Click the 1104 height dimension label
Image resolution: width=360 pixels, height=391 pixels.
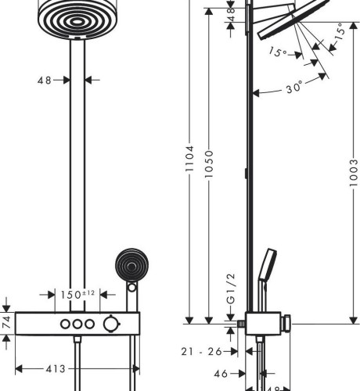click(x=189, y=159)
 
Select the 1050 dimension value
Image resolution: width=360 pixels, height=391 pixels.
click(x=209, y=164)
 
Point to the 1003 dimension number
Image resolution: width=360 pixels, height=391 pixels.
click(x=354, y=173)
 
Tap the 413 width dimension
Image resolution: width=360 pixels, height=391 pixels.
click(x=56, y=369)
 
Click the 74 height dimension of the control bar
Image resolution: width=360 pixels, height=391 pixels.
click(x=6, y=322)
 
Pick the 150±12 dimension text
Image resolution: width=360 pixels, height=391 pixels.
click(x=77, y=295)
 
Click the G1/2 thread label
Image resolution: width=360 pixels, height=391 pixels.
click(x=231, y=289)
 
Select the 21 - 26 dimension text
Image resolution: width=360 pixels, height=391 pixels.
click(x=201, y=352)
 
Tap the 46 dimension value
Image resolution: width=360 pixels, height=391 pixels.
click(x=221, y=374)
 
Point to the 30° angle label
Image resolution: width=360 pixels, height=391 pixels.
click(x=294, y=88)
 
